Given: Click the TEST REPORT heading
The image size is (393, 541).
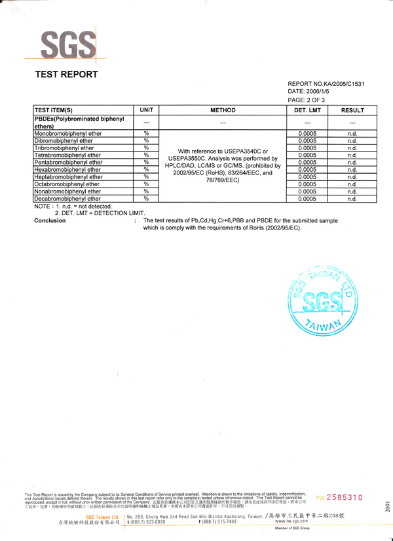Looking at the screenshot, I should tap(66, 75).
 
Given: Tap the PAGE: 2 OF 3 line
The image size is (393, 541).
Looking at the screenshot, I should tap(311, 100).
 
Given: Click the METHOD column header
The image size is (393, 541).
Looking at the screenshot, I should tap(223, 110).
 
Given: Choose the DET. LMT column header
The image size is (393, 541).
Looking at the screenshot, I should tap(307, 110).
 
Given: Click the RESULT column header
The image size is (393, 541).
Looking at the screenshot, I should tap(352, 110).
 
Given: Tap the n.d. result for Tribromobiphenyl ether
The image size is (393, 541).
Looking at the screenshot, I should tap(352, 148).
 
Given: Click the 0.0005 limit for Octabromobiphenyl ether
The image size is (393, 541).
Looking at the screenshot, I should tap(307, 184).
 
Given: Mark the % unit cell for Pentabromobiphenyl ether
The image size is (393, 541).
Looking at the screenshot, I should tap(146, 163).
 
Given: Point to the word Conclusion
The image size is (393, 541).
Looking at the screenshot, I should tap(50, 221).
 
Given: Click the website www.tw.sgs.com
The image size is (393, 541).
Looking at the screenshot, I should tap(292, 521).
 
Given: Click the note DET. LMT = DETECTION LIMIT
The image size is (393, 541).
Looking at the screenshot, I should tap(100, 213).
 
